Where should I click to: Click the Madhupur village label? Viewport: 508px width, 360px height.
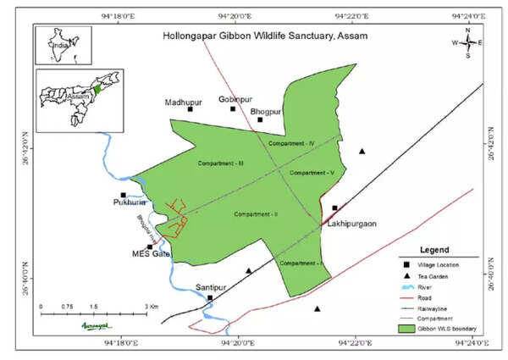[188, 99]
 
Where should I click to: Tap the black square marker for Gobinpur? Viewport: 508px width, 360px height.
[233, 108]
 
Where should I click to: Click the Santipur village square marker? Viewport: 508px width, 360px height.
[210, 297]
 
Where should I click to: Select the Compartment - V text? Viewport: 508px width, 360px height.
[312, 172]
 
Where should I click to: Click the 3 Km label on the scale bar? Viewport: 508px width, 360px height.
[152, 306]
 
